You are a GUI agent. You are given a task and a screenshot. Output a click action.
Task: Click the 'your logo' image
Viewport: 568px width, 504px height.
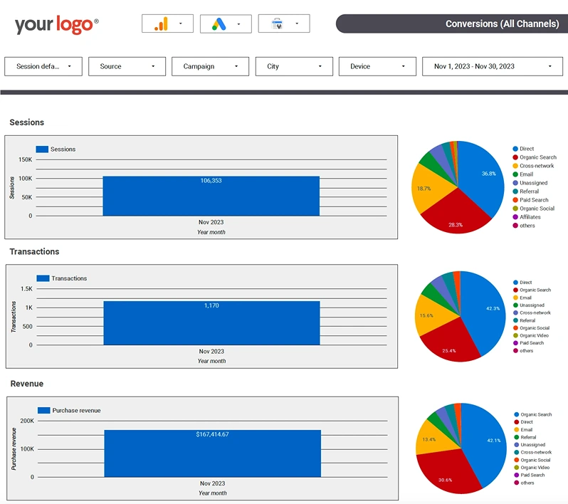(x=56, y=25)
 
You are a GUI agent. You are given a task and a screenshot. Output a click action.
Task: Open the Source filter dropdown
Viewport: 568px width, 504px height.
(x=127, y=66)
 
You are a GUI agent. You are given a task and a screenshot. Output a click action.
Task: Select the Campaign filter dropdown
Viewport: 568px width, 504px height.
(x=210, y=66)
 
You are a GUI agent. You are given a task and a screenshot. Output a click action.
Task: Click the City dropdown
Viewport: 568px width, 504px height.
(x=294, y=66)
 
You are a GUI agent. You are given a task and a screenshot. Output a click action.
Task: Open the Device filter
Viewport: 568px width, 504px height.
(x=377, y=66)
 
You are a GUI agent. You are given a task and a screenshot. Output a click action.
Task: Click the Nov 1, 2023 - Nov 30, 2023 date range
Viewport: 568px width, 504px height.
(x=493, y=66)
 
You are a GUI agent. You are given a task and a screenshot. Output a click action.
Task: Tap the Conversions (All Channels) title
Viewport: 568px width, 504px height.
(x=502, y=24)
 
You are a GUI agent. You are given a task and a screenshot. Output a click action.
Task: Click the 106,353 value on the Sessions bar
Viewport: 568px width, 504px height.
(x=211, y=180)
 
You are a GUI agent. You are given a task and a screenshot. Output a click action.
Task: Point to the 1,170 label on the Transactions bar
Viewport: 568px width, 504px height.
(x=211, y=305)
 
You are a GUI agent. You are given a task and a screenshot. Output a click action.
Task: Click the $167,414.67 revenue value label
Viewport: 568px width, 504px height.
(x=212, y=434)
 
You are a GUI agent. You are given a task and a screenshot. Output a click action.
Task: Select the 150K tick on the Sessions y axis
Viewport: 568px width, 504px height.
(x=26, y=159)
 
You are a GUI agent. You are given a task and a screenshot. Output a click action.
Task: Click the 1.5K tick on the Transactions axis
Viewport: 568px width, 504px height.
(x=26, y=289)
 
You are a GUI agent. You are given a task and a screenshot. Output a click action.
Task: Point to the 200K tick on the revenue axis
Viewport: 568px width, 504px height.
(x=27, y=421)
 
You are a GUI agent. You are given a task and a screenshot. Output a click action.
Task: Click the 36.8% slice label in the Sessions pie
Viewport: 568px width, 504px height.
(x=489, y=174)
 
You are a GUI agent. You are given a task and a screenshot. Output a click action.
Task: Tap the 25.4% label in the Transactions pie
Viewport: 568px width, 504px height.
(x=449, y=351)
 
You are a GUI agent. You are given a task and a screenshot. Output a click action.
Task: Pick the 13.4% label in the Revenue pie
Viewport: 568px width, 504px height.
(x=429, y=439)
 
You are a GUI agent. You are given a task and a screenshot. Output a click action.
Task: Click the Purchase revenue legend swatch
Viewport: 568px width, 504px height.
(x=44, y=410)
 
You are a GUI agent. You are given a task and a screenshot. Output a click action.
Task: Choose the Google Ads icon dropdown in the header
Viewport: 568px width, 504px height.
(x=226, y=24)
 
